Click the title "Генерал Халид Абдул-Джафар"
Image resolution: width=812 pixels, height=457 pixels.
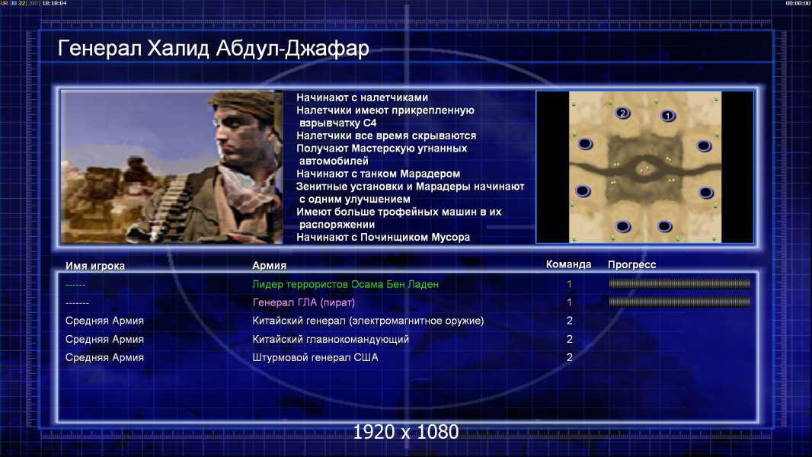pos(213,48)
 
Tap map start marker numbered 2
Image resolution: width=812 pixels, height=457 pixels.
pos(622,113)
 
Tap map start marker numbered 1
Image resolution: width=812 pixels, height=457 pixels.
pos(668,116)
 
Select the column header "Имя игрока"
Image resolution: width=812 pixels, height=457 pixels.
pos(94,266)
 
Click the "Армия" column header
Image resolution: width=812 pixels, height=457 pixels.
pos(270,265)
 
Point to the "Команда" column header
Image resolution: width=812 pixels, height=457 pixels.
pos(568,264)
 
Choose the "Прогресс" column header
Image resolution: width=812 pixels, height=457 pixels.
pos(631,265)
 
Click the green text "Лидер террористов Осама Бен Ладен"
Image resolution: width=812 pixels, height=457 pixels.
pos(345,284)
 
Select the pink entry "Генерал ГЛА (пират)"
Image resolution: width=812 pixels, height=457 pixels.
pos(303,302)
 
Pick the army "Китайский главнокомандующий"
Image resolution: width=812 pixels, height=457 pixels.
pos(331,339)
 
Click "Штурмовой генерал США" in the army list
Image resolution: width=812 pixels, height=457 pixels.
pos(315,357)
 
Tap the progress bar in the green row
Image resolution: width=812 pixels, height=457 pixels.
pos(679,283)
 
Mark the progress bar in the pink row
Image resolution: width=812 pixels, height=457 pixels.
pos(679,302)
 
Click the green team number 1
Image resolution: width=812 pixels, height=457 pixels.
pos(569,284)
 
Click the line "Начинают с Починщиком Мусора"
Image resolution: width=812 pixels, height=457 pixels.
pos(383,237)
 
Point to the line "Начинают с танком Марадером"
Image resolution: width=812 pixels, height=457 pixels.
pos(378,174)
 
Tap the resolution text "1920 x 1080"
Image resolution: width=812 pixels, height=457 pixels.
pos(406,432)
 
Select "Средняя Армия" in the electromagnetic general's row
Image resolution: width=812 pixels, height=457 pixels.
pos(104,321)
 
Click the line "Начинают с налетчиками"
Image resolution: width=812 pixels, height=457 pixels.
pos(362,97)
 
